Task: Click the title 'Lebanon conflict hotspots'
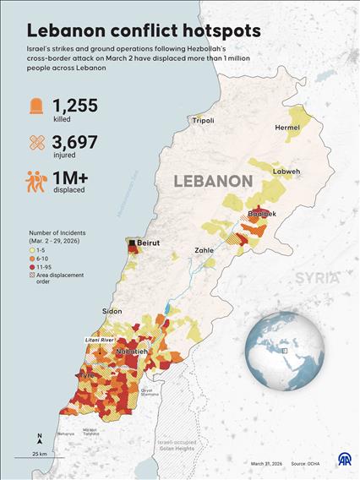pyautogui.click(x=144, y=30)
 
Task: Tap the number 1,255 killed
pyautogui.click(x=75, y=106)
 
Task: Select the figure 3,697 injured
pyautogui.click(x=76, y=140)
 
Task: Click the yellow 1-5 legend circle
pyautogui.click(x=30, y=250)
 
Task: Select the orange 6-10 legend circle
pyautogui.click(x=30, y=259)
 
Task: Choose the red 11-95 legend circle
pyautogui.click(x=30, y=266)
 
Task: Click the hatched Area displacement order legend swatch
pyautogui.click(x=30, y=275)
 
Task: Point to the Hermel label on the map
pyautogui.click(x=287, y=128)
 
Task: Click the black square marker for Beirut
pyautogui.click(x=132, y=243)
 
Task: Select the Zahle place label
pyautogui.click(x=204, y=251)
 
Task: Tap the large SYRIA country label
pyautogui.click(x=317, y=277)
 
